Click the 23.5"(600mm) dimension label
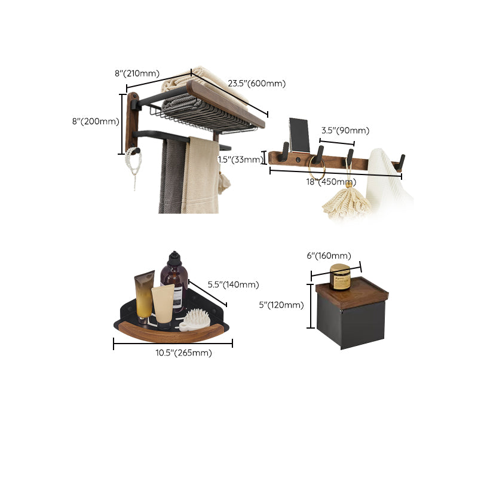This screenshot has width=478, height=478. (256, 84)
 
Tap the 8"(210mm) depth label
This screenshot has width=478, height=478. (137, 73)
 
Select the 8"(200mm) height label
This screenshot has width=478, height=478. (96, 121)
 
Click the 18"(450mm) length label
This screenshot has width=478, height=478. (331, 182)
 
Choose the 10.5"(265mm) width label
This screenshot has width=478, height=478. (183, 353)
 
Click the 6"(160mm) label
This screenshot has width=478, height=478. (329, 256)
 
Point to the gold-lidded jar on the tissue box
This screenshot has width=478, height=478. (340, 277)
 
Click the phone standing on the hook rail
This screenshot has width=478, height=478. (298, 135)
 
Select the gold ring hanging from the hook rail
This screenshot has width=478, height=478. (317, 170)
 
